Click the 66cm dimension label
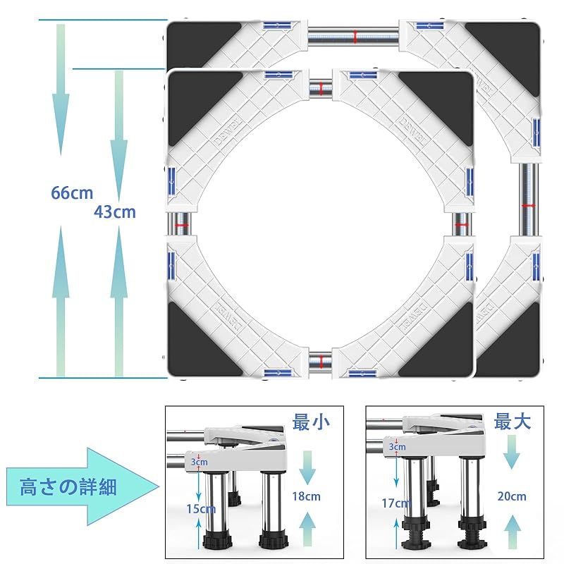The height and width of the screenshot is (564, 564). click(x=72, y=192)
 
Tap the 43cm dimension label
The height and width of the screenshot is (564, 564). click(x=115, y=211)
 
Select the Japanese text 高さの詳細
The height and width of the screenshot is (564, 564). click(x=68, y=486)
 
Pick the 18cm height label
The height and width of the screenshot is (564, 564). click(x=309, y=496)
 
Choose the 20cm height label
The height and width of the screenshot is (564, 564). click(x=511, y=496)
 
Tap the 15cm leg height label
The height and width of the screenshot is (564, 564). click(x=201, y=508)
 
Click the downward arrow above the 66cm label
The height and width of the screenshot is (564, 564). click(x=61, y=88)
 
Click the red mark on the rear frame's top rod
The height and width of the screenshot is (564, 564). click(x=355, y=35)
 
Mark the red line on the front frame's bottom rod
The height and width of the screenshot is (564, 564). click(x=321, y=361)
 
